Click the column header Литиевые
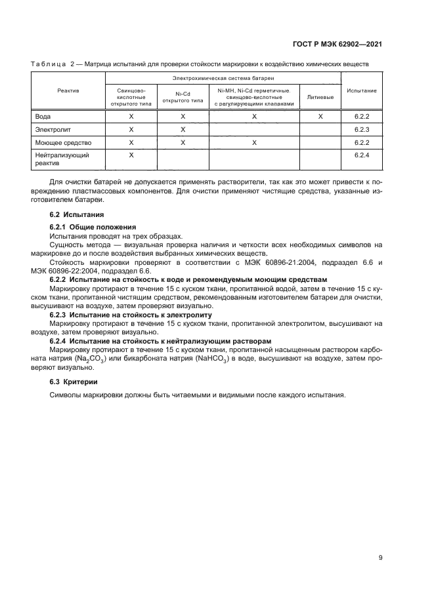coord(320,97)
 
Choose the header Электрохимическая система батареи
coord(223,78)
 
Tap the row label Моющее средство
coord(63,142)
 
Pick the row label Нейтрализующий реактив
coord(62,159)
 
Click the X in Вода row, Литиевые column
coord(320,116)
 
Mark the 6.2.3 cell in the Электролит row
coord(362,129)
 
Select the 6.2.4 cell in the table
coord(362,155)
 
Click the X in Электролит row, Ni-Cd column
coord(183,129)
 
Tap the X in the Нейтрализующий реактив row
coord(131,155)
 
